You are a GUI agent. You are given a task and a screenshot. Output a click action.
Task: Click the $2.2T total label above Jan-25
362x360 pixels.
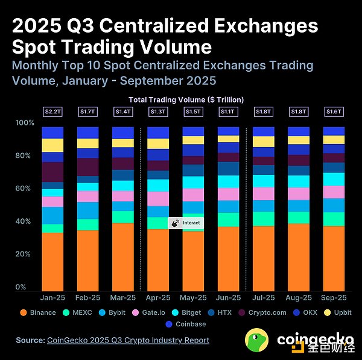(52, 112)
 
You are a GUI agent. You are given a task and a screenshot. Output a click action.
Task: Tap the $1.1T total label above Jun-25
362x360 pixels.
(229, 112)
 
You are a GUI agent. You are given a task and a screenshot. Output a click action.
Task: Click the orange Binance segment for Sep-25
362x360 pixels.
(334, 259)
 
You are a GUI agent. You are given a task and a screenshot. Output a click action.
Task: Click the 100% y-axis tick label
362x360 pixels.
(24, 123)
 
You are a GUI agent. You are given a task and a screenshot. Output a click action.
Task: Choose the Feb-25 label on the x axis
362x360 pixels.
(88, 298)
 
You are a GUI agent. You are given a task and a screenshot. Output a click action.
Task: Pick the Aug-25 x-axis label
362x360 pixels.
(299, 298)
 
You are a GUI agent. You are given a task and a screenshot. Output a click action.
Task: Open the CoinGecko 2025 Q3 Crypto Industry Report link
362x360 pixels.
(128, 340)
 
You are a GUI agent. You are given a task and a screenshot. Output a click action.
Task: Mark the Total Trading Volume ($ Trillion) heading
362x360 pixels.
(186, 99)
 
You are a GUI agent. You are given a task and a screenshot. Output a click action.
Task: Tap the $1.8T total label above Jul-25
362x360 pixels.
(264, 112)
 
